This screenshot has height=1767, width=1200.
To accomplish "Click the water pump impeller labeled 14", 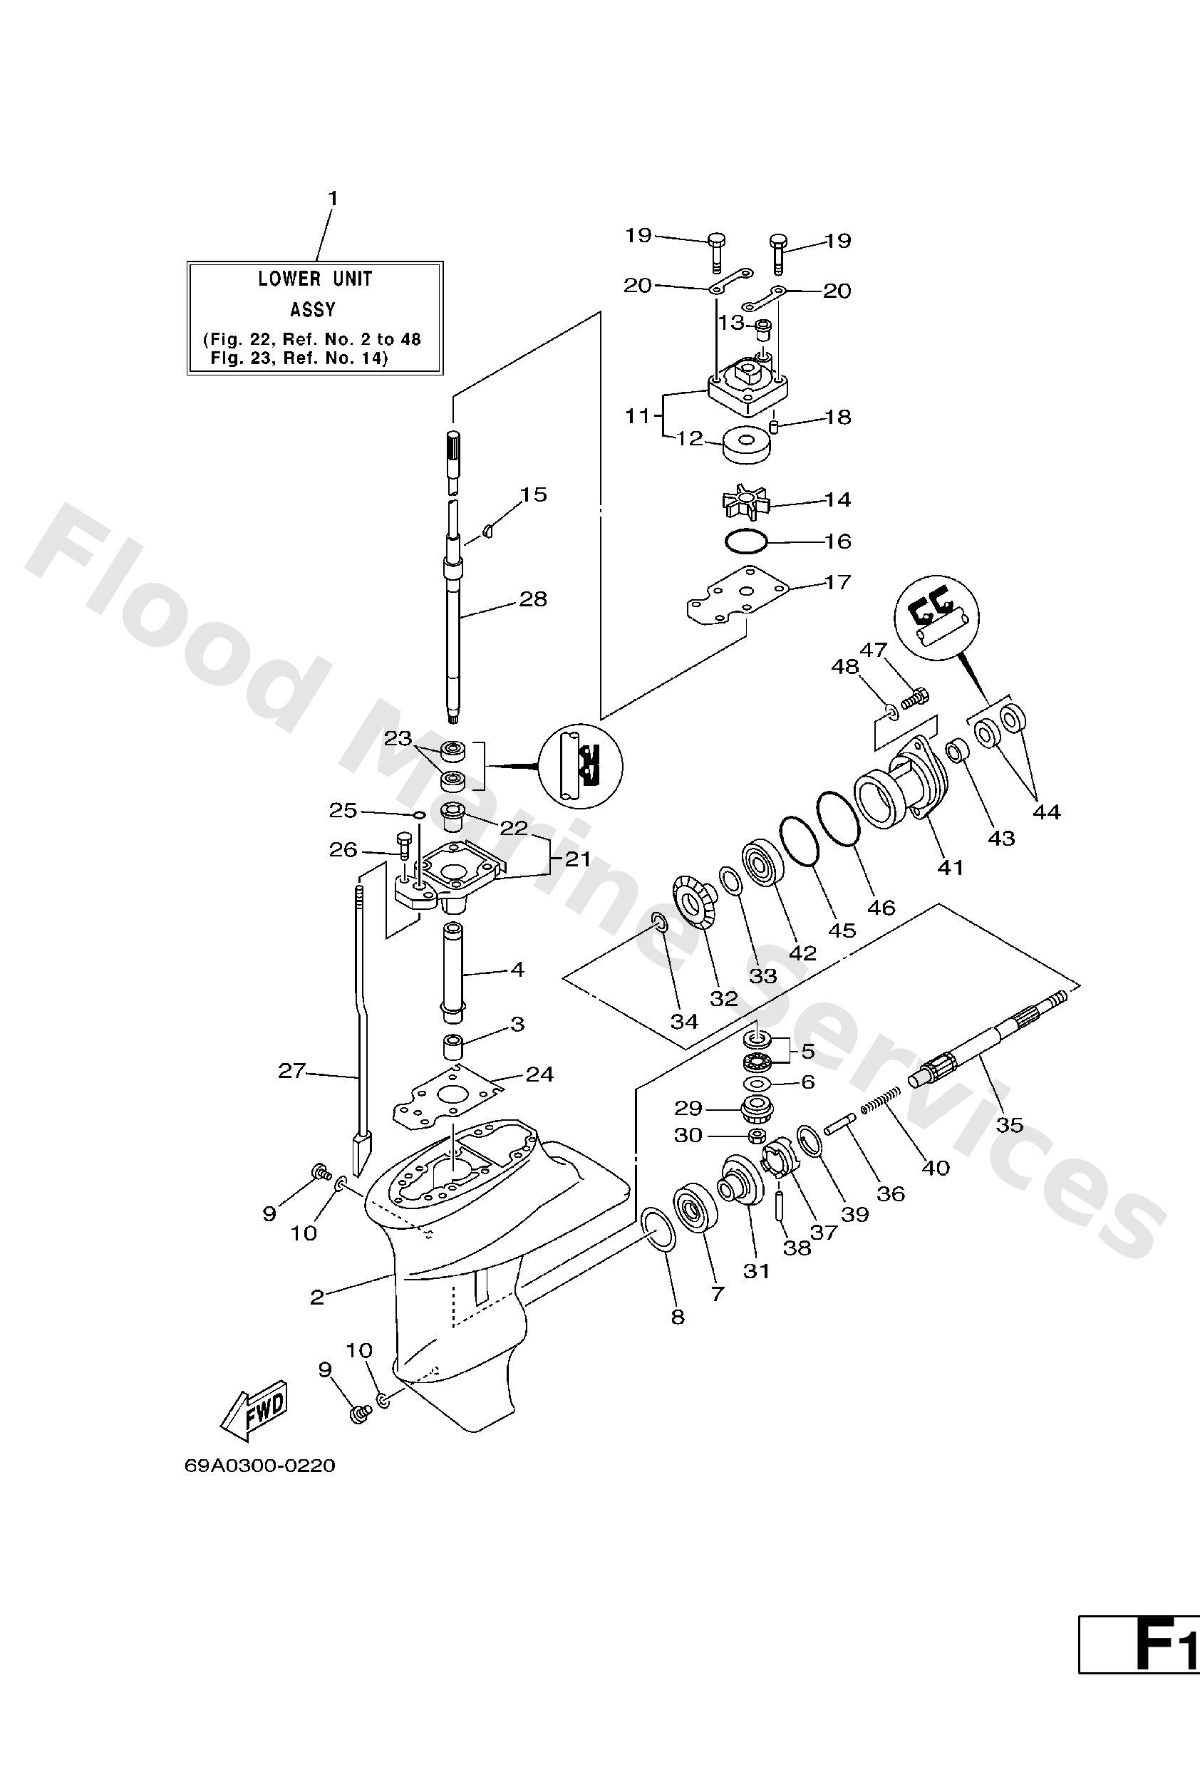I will coord(744,502).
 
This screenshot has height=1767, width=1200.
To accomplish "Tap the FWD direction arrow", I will coord(254,1409).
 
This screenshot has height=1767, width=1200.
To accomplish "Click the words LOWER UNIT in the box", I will coord(315,279).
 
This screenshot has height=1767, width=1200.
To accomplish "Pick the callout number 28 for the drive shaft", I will coord(532,599).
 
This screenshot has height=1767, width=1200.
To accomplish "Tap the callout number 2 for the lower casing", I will coord(317,1297).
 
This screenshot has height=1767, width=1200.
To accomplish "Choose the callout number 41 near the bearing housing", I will coord(950,867).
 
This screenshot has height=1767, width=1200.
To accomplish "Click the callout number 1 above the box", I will coord(332,199).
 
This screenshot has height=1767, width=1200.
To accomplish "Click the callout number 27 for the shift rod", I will coord(291,1071).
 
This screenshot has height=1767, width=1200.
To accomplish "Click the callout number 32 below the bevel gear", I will coord(723,998).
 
